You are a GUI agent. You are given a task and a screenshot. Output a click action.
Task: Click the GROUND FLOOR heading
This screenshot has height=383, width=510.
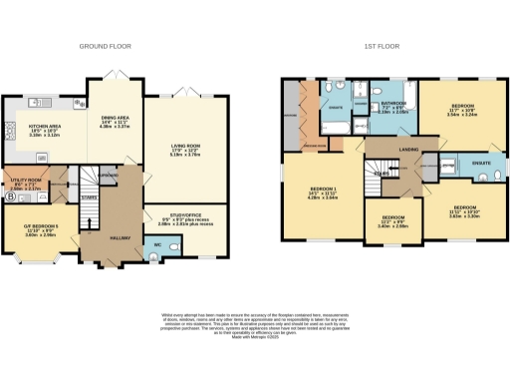point(108,46)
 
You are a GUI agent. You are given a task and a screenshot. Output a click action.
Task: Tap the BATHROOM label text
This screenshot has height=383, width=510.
point(393,106)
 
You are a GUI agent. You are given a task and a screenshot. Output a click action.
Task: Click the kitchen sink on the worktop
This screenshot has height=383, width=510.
point(41,102)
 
